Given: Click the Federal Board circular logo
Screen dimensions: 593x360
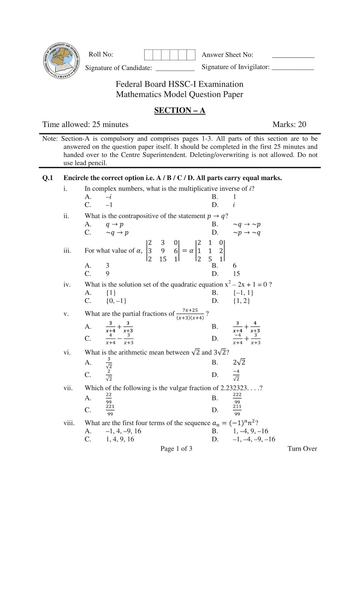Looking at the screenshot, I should point(61,60).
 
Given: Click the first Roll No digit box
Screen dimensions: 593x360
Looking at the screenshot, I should point(148,55).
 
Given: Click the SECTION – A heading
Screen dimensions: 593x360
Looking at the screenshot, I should point(180,110).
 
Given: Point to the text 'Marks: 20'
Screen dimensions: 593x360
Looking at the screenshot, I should point(289,125).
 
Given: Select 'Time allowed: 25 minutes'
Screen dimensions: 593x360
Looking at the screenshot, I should point(85,125).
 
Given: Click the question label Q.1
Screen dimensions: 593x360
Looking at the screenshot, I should point(48,178).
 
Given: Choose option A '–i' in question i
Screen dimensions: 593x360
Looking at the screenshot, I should point(108,197).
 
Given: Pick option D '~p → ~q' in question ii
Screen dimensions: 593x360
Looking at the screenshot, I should point(247,233).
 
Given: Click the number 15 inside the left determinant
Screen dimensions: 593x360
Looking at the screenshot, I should point(163,259).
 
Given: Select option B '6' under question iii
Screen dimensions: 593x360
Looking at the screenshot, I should point(234,266).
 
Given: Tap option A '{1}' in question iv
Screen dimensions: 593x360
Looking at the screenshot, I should point(111,293).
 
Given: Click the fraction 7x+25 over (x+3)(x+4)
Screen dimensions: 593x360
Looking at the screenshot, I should point(190,314).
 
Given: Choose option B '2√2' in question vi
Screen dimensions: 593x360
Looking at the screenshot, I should point(239,362).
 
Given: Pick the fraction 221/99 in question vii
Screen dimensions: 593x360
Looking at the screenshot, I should point(110,410).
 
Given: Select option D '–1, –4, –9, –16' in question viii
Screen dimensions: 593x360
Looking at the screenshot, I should point(254,439).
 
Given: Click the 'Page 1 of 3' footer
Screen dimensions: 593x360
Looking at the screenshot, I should point(176,449).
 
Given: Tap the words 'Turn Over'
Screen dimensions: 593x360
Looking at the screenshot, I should point(302,449).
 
